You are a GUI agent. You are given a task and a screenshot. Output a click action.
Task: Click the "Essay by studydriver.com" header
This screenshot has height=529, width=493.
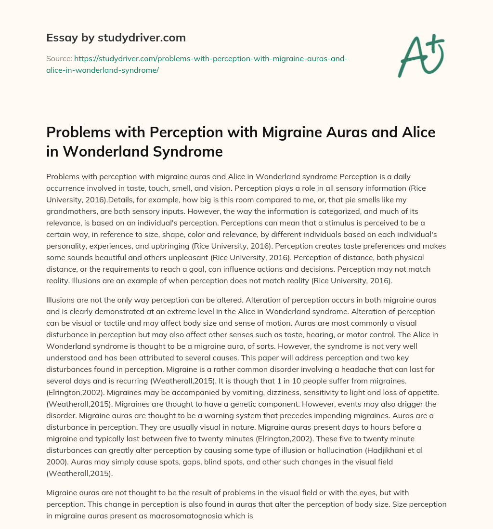[116, 38]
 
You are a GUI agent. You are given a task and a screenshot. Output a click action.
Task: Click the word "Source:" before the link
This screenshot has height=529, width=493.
[59, 58]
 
